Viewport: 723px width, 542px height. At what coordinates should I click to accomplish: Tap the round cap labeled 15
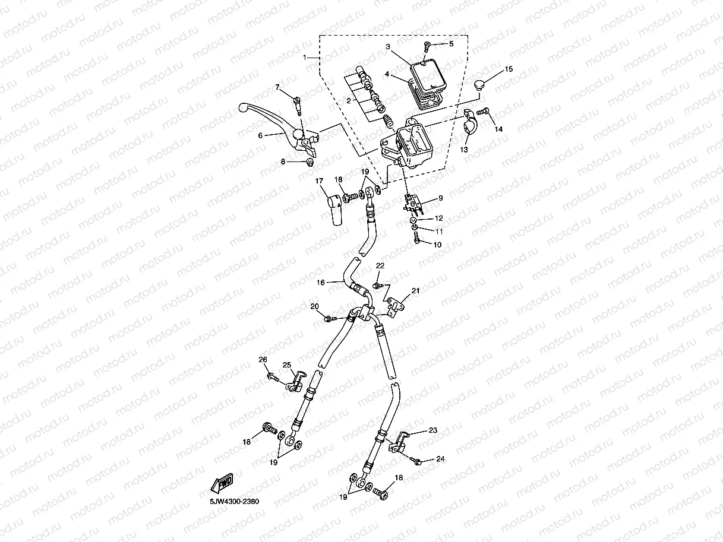pos(482,83)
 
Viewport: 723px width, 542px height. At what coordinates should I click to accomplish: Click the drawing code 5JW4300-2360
pos(233,502)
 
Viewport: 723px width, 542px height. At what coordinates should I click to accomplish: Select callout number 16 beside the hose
pos(320,283)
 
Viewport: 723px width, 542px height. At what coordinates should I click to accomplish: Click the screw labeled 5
pos(427,46)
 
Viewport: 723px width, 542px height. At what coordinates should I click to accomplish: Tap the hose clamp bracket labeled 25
pos(298,381)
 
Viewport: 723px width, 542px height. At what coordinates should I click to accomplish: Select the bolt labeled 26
pos(273,376)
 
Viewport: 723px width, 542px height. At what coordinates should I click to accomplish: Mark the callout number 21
pos(416,291)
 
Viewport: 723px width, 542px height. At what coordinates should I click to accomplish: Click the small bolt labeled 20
pos(328,320)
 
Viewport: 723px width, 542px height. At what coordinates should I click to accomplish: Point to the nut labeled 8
pos(310,161)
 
